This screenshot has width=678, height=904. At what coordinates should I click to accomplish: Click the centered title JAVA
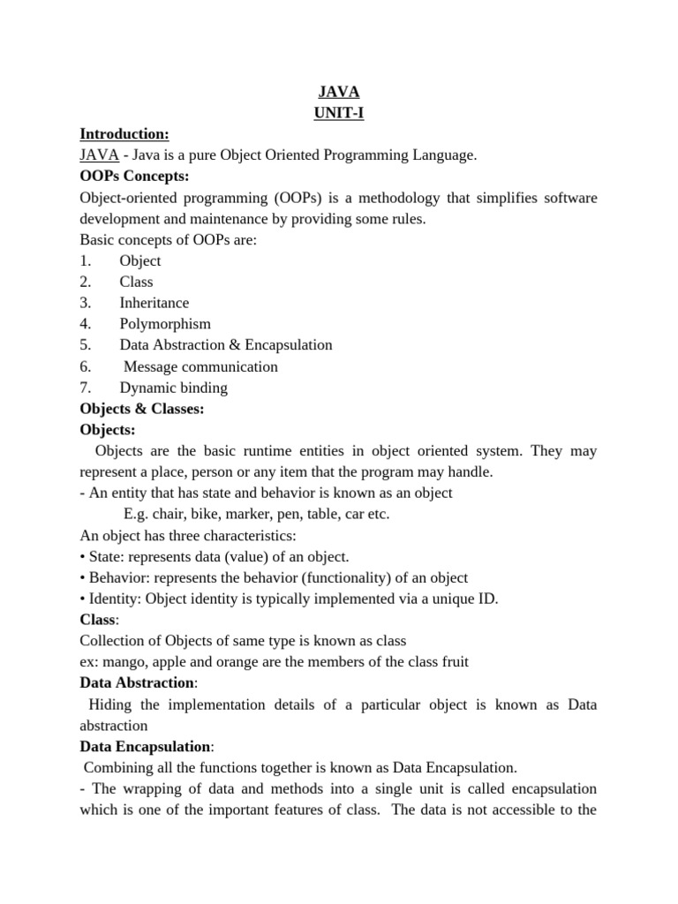339,92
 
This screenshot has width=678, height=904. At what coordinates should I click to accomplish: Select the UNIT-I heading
339,113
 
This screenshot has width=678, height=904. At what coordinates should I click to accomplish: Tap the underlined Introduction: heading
124,134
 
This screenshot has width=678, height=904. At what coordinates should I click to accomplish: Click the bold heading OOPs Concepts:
134,177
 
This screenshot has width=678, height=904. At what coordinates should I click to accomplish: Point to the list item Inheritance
154,303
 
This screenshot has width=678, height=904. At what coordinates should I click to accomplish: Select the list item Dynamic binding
173,388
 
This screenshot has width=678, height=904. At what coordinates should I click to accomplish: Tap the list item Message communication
200,366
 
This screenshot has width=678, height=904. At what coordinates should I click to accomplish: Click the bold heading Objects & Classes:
142,409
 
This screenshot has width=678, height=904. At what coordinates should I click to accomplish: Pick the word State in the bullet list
104,557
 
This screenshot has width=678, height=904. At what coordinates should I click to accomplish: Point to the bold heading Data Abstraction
136,683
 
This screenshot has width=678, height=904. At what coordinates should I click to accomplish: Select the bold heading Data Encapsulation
145,747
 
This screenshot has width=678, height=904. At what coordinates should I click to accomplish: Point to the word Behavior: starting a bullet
117,578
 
